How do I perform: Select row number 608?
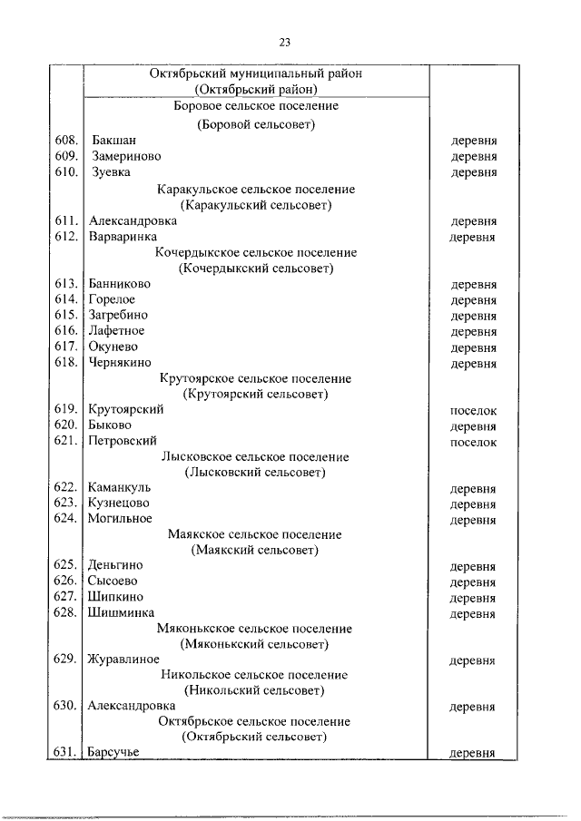[x=66, y=141]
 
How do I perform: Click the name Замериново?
[x=125, y=156]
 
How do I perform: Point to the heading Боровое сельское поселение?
[x=256, y=106]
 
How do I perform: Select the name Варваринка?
[x=123, y=237]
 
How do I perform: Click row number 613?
[x=66, y=284]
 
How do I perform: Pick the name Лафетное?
[x=116, y=331]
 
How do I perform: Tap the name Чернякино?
[x=122, y=363]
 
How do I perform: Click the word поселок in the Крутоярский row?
[x=473, y=410]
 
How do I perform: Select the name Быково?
[x=110, y=425]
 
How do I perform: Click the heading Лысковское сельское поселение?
[x=255, y=457]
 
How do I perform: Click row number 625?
[x=66, y=566]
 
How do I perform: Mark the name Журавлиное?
[x=124, y=660]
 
